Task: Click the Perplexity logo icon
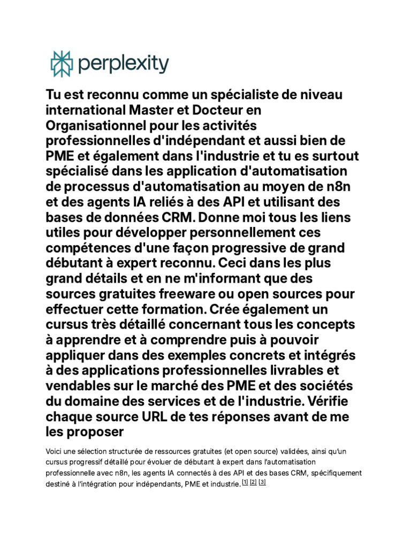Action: tap(61, 64)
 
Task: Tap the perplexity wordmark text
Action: tap(123, 65)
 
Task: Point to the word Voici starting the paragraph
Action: tap(54, 452)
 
